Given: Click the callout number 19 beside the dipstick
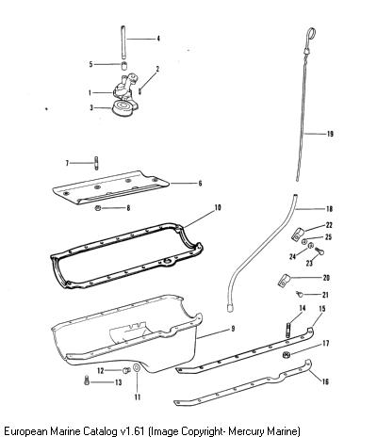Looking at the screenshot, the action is tap(330, 134).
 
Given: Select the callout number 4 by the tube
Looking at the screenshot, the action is tap(158, 39).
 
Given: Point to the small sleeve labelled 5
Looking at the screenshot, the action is tap(124, 66).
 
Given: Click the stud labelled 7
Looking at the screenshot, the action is tap(96, 163).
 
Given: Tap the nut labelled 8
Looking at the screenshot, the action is tap(98, 208).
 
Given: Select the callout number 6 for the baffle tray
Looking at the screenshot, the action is tap(200, 184).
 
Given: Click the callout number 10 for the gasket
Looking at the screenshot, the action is tap(218, 207).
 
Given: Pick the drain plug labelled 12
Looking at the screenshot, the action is tap(126, 371).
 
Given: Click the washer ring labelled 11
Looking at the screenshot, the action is tap(137, 368).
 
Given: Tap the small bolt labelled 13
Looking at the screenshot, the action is tap(87, 380).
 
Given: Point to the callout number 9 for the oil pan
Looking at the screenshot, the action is tap(233, 329).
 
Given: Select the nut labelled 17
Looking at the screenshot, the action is tap(286, 355).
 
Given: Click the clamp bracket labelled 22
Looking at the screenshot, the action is tap(298, 235).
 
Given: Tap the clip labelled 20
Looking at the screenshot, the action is tap(284, 281).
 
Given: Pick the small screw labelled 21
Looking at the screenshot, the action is tap(300, 294).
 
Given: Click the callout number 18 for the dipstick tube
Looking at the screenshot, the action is tap(330, 209).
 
